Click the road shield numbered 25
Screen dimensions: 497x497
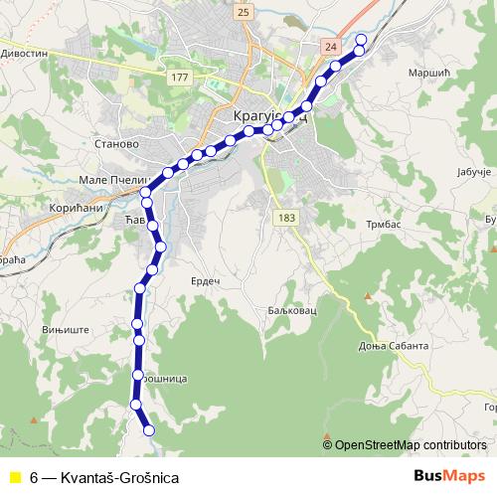pyautogui.click(x=245, y=12)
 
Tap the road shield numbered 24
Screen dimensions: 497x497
pyautogui.click(x=331, y=47)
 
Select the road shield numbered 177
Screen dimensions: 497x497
pyautogui.click(x=179, y=77)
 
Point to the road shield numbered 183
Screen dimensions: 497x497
pyautogui.click(x=287, y=218)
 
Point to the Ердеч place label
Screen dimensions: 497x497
pyautogui.click(x=205, y=282)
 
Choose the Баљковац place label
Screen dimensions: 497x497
pyautogui.click(x=291, y=310)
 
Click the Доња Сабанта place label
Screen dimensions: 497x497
pyautogui.click(x=394, y=346)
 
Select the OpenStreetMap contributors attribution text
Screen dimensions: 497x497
pyautogui.click(x=410, y=445)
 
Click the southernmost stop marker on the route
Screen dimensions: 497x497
pyautogui.click(x=149, y=430)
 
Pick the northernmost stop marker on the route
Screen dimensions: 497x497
pyautogui.click(x=361, y=40)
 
